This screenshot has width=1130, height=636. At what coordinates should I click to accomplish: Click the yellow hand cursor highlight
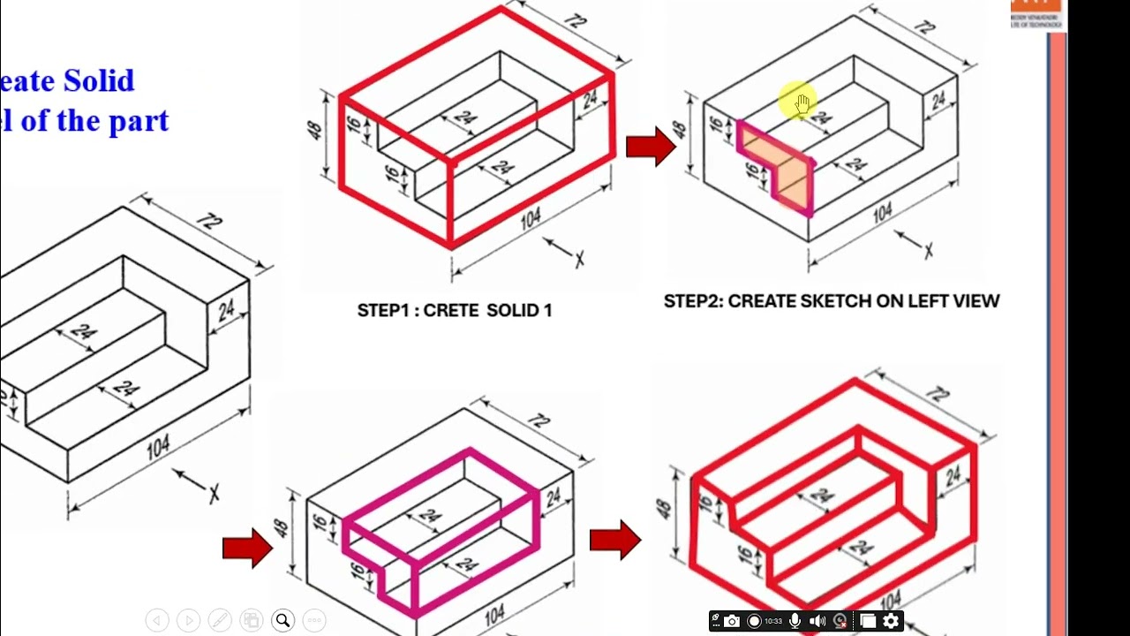pos(797,103)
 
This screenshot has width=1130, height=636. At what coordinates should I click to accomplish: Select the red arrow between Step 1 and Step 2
pos(650,147)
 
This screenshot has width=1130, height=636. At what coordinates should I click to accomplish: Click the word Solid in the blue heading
pos(98,81)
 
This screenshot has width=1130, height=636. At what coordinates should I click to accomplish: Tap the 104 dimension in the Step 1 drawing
pos(531,218)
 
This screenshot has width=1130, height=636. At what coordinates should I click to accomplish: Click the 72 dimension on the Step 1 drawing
pos(576,20)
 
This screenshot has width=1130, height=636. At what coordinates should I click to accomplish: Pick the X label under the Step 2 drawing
pos(928,252)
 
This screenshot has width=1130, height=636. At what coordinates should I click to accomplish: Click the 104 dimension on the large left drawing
pos(158,447)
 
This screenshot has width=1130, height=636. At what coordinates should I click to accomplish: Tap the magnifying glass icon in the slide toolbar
pos(282,620)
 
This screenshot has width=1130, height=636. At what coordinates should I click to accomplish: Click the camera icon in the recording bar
pos(732,622)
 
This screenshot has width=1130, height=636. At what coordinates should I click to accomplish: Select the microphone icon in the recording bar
pos(795,622)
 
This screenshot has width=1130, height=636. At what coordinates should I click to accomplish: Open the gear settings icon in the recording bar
pos(891,622)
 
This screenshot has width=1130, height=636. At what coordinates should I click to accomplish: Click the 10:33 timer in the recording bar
pos(773,622)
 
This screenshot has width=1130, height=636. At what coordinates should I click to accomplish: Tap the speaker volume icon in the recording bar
pos(817,622)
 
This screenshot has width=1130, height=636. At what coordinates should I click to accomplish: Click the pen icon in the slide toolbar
pos(219,620)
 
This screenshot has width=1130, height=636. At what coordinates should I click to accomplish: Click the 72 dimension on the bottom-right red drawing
pos(939,395)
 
